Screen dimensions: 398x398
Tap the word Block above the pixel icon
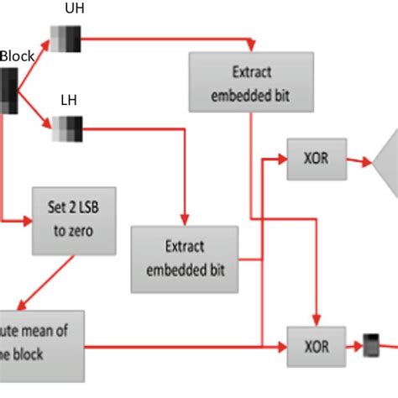pyautogui.click(x=17, y=56)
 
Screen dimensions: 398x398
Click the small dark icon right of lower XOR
pyautogui.click(x=370, y=344)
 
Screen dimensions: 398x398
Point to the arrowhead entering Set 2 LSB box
pyautogui.click(x=29, y=223)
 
